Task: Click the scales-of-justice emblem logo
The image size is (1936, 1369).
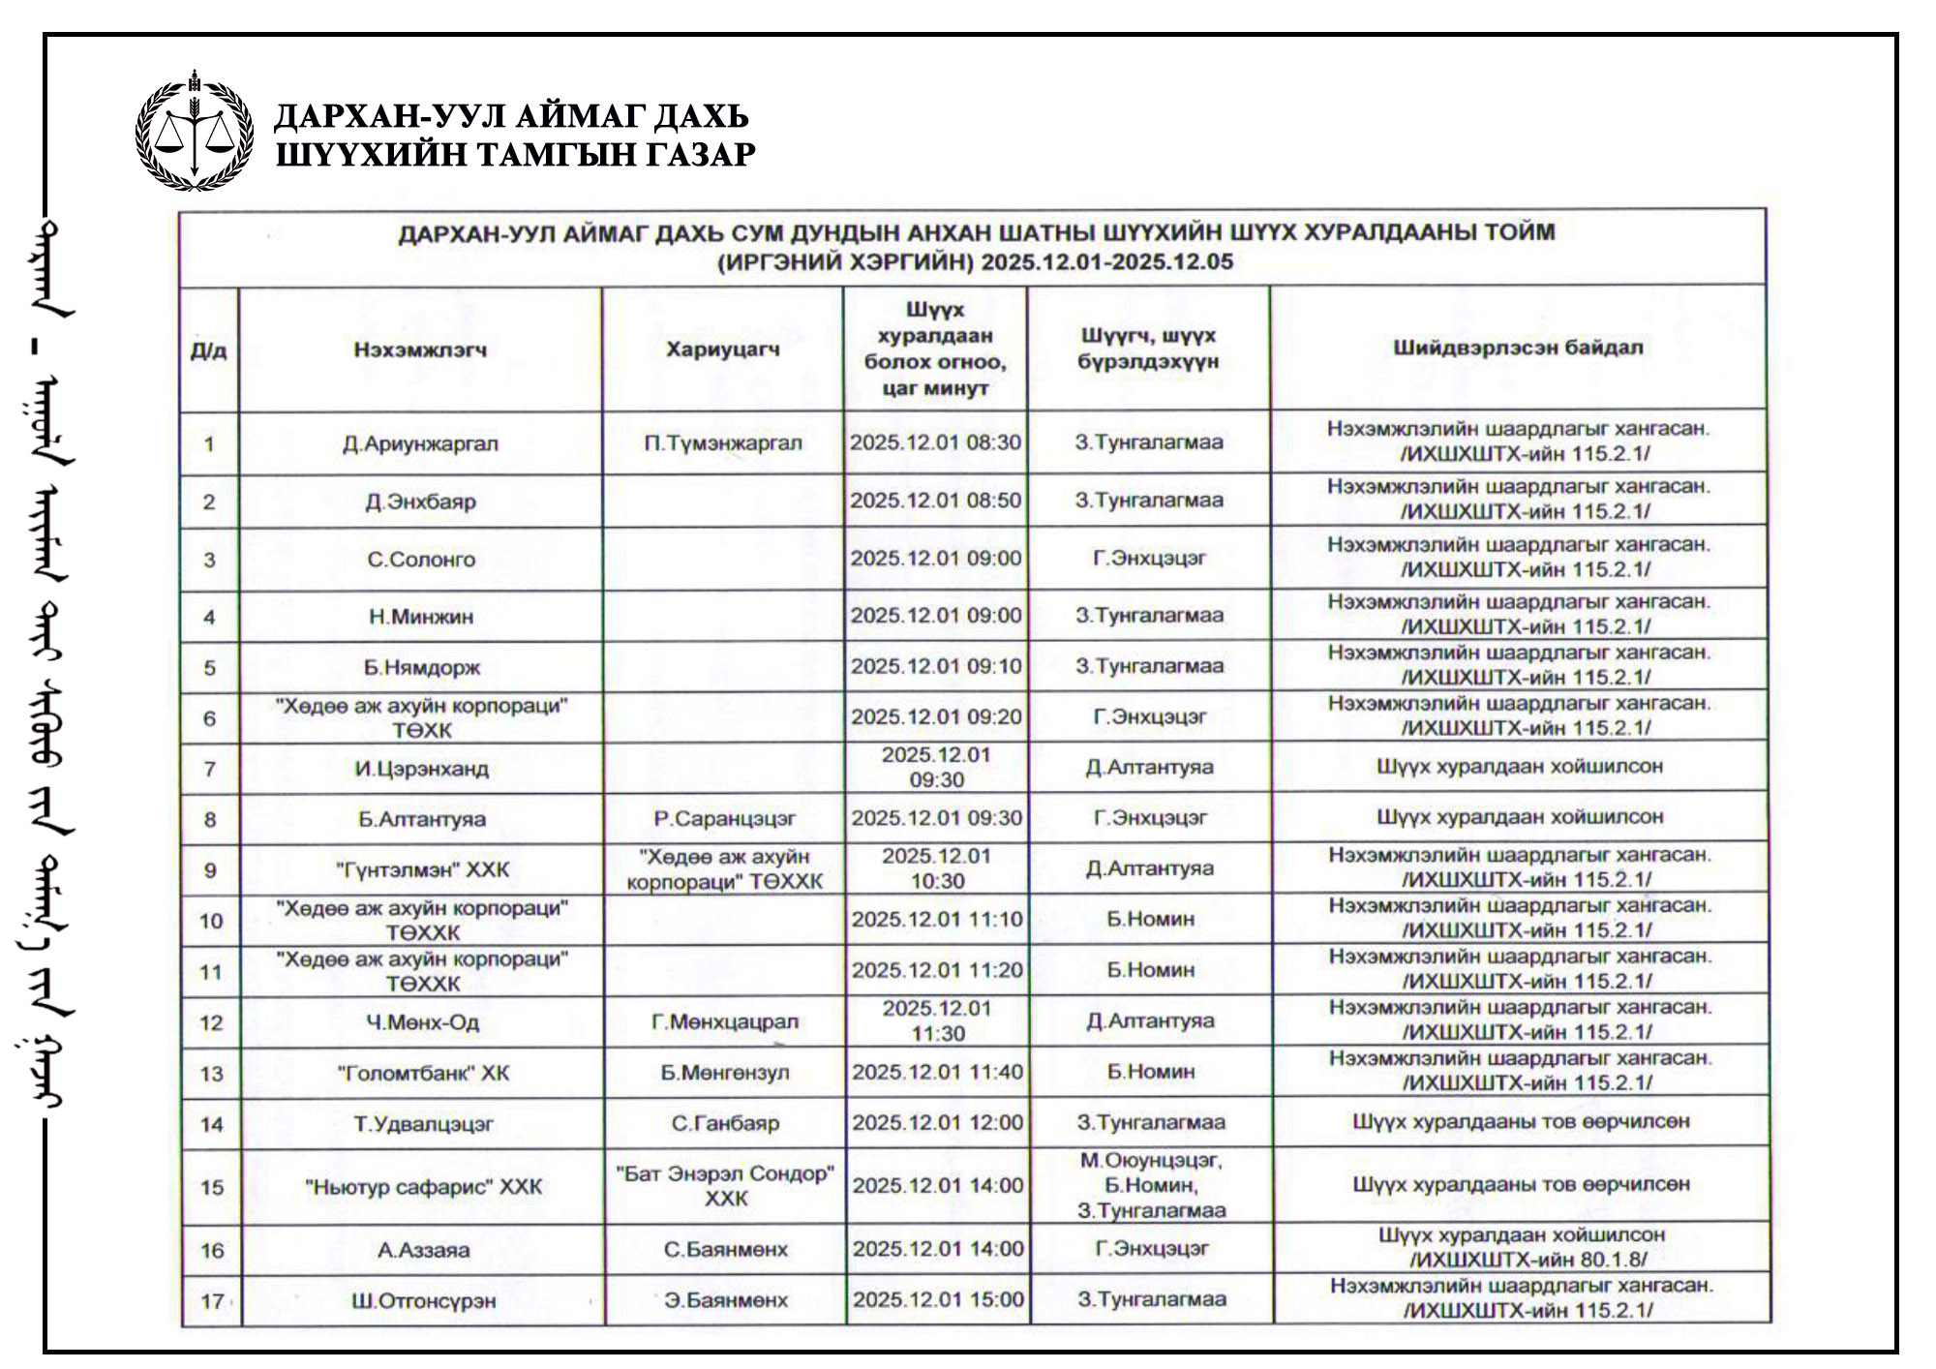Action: [195, 133]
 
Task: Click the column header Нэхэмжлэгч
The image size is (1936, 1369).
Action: [420, 350]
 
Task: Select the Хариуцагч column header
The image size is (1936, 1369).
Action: [722, 350]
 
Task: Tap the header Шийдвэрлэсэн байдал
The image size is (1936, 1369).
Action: [1518, 348]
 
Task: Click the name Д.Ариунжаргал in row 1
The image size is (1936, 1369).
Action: [420, 443]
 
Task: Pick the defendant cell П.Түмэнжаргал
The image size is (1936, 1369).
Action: [723, 442]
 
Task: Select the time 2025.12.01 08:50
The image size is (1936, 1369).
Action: [935, 501]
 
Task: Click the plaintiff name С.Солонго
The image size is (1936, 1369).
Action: [421, 559]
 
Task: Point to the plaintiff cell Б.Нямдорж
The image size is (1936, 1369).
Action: [422, 667]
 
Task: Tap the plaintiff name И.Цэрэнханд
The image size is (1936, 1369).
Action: [421, 769]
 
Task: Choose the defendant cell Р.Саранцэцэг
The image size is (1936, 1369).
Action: [724, 819]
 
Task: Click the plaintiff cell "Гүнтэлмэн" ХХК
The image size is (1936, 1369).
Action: [422, 869]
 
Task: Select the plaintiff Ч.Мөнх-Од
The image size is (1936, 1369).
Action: [422, 1022]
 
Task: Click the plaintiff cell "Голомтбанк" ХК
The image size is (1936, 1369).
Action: [423, 1073]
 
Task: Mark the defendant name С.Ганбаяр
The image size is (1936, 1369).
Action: [725, 1123]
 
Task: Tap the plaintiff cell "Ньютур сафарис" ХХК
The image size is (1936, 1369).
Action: [423, 1186]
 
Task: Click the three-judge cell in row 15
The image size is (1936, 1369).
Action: [1151, 1185]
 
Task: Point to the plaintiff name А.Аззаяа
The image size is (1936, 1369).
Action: [424, 1250]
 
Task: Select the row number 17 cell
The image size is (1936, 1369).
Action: [212, 1301]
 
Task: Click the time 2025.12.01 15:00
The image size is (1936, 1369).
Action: [938, 1299]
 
